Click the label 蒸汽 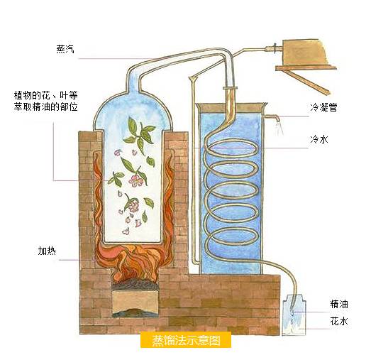[x=65, y=49]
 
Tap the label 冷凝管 [x=323, y=107]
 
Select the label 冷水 [x=319, y=139]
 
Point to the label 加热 [x=47, y=251]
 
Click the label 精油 [x=339, y=304]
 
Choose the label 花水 [x=339, y=322]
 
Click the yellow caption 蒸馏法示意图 [x=186, y=340]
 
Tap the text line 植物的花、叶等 [x=45, y=96]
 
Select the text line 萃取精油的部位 [x=45, y=107]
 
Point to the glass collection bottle [x=294, y=315]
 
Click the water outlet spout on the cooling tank [x=272, y=117]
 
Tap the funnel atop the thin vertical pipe [x=194, y=78]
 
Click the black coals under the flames [x=134, y=285]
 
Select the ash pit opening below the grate [x=135, y=304]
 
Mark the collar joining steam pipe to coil [x=230, y=88]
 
